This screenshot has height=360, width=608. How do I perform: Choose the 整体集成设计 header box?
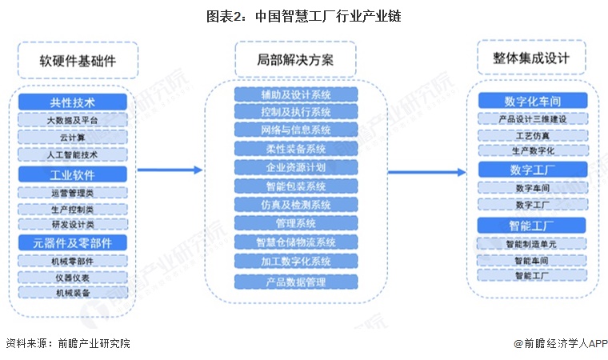(532, 59)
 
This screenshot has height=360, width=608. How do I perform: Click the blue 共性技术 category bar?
(73, 102)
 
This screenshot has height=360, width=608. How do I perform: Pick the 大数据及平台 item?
(73, 120)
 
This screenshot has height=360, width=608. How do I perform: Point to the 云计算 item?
(73, 137)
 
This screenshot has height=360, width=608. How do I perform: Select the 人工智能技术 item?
(73, 154)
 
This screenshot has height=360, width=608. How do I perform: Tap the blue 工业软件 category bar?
(73, 173)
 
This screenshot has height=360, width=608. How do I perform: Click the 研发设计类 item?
(73, 224)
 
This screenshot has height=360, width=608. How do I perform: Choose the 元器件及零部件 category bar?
(73, 242)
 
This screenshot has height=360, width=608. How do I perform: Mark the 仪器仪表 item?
(73, 277)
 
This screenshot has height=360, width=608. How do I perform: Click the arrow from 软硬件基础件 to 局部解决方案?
(169, 170)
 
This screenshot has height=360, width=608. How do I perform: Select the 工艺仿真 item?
(533, 135)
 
